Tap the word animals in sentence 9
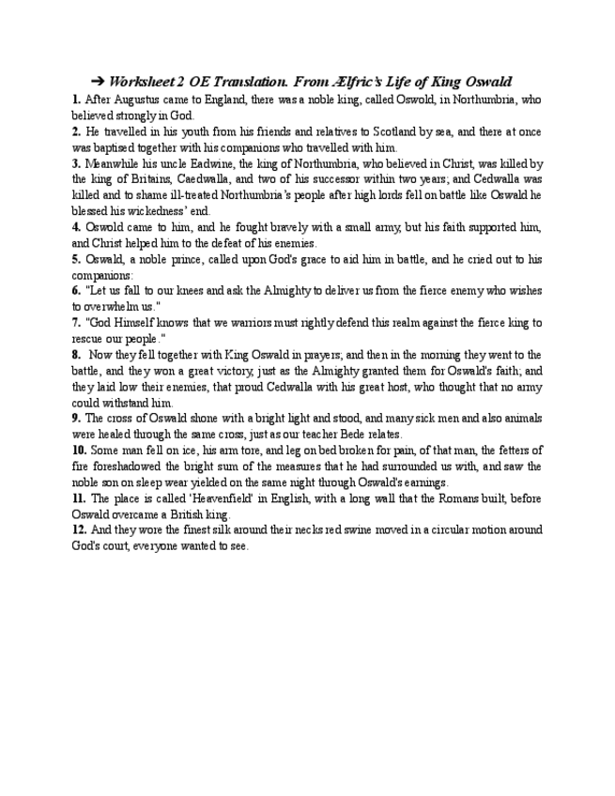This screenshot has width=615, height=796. coord(519,420)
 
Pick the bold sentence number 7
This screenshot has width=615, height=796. coord(76,323)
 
